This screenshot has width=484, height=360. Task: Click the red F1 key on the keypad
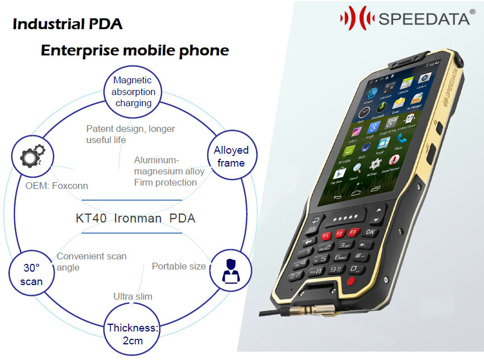[x=326, y=236]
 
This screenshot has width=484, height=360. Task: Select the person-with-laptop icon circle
[x=230, y=270]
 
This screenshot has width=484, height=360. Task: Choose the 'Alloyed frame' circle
[x=231, y=157]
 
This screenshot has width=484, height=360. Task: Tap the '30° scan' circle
[x=31, y=275]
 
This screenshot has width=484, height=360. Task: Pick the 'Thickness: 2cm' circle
[x=133, y=334]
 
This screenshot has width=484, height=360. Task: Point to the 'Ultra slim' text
[x=132, y=296]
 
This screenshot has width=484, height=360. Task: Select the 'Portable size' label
[x=179, y=266]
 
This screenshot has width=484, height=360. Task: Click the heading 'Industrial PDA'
[x=67, y=24]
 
